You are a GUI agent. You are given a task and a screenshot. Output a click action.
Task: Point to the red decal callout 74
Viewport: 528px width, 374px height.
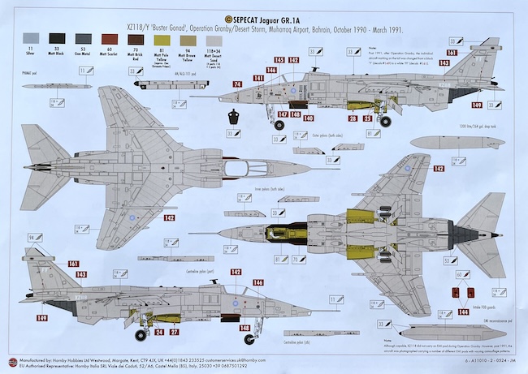[x=238, y=84]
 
